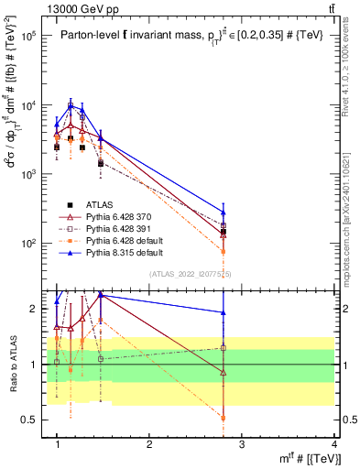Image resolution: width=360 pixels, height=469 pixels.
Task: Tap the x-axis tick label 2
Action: (x=149, y=443)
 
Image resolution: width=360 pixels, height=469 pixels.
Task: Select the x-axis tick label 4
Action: (x=334, y=443)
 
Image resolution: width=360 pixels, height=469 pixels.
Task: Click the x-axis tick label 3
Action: (x=242, y=443)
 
